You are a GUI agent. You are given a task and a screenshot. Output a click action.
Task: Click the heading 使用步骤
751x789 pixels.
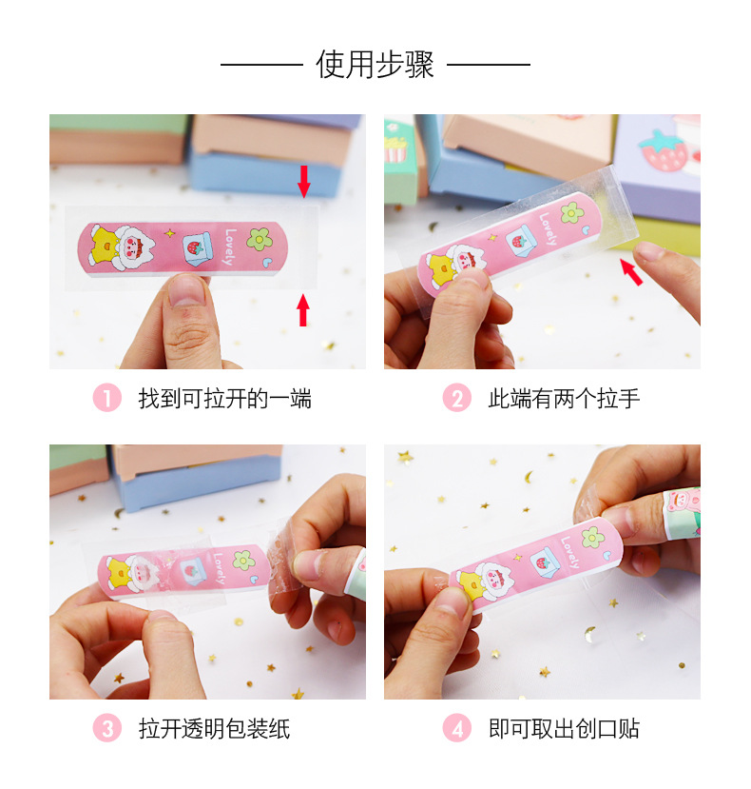(x=375, y=65)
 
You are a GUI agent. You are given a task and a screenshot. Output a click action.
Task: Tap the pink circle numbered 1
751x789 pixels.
(x=106, y=398)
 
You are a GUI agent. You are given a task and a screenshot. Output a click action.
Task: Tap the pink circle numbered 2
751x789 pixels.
(x=457, y=398)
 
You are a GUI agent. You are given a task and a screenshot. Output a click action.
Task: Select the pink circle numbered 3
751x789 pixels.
(x=106, y=729)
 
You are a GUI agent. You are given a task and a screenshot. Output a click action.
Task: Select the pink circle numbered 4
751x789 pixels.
(x=457, y=729)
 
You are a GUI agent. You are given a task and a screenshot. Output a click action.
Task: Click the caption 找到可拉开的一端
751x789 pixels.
(x=224, y=398)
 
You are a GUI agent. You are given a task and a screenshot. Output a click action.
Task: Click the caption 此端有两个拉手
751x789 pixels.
(x=564, y=398)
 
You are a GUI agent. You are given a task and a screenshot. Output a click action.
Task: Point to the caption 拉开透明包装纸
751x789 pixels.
(x=214, y=729)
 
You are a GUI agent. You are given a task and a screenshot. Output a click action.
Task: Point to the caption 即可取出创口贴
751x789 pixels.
(x=564, y=729)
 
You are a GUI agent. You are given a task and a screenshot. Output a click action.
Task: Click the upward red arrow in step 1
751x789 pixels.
(x=303, y=309)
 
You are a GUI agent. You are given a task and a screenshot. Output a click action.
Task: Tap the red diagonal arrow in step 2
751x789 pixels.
(x=631, y=272)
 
